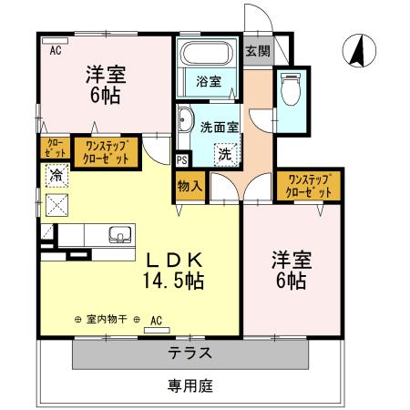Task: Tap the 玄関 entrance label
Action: (257, 50)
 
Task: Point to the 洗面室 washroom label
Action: (219, 128)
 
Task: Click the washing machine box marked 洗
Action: (224, 155)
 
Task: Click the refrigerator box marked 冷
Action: (56, 174)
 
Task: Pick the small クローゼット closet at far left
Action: (50, 149)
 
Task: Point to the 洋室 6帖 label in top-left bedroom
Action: (105, 84)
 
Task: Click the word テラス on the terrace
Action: (190, 354)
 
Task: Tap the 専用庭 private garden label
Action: (190, 385)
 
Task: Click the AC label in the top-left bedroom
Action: (55, 51)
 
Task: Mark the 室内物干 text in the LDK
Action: (108, 320)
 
